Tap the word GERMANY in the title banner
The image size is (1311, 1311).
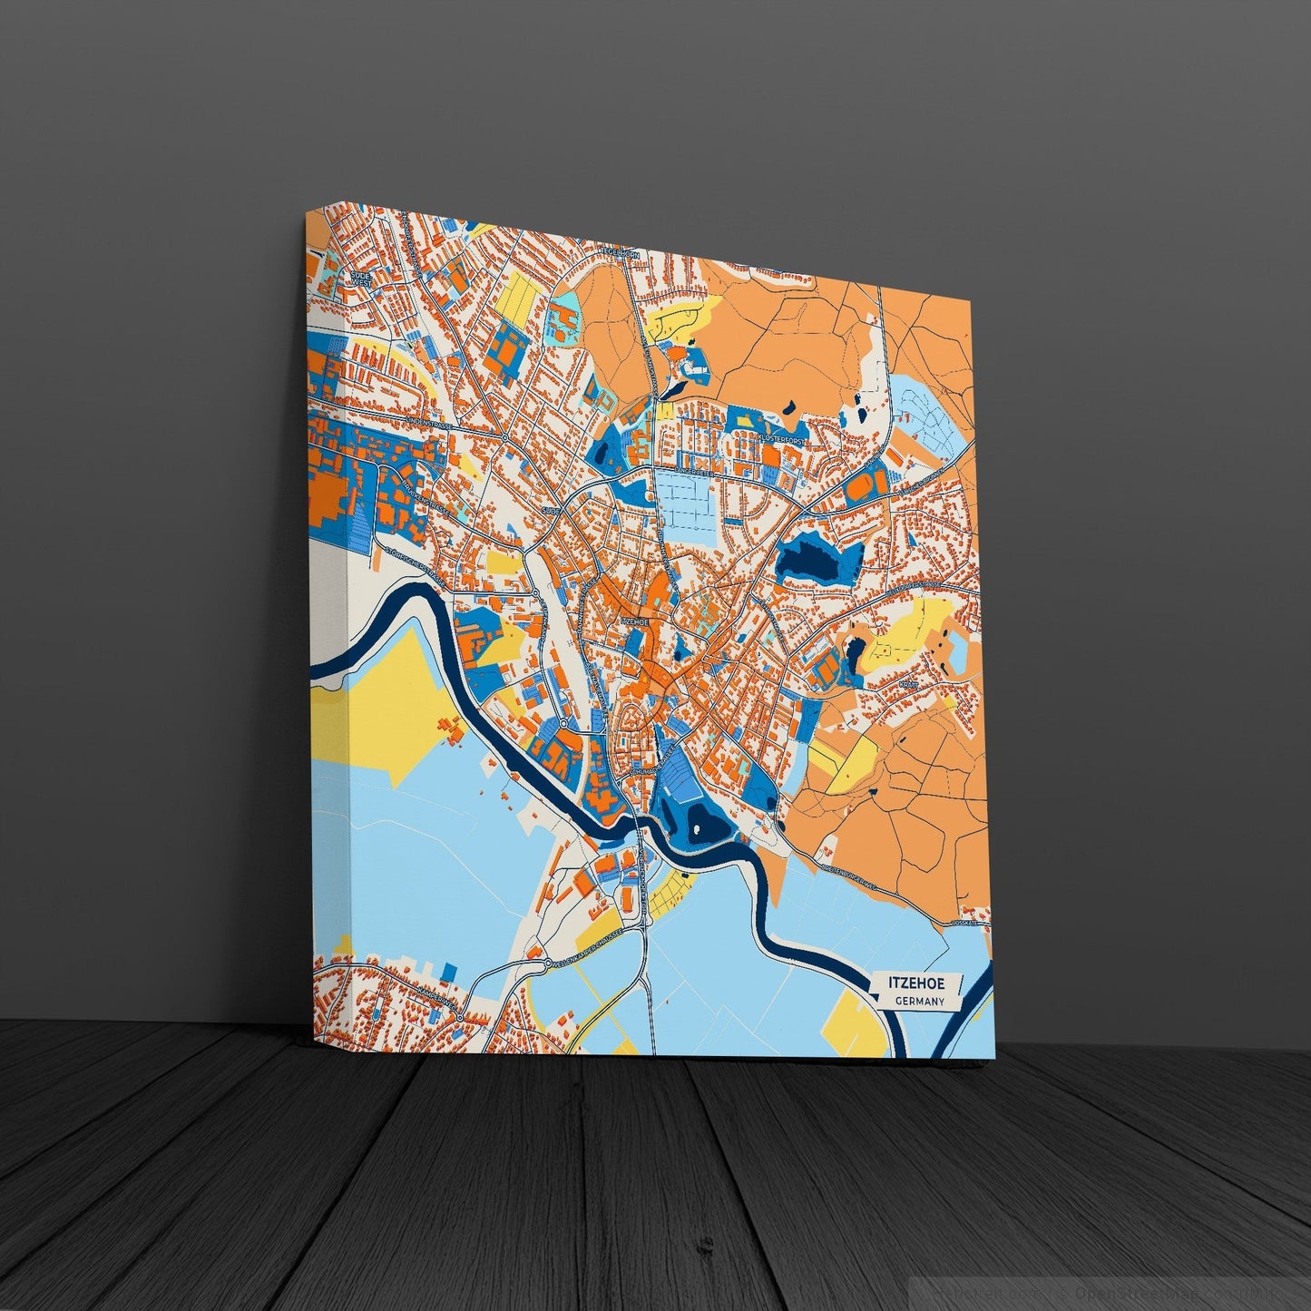coord(919,1002)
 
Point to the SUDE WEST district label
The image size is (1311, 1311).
coord(360,277)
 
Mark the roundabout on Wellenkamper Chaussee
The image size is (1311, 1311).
coord(548,963)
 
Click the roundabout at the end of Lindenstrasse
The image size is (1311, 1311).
coord(504,437)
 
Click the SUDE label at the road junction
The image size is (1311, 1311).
coord(550,512)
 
